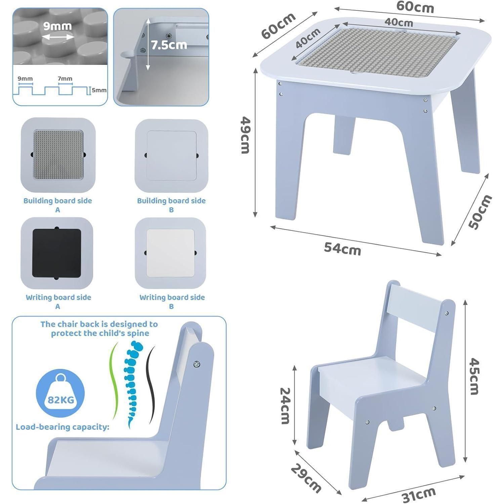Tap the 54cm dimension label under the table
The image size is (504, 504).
pos(342,249)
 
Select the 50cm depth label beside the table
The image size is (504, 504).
pos(480,212)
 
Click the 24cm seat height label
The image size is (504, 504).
pos(285,406)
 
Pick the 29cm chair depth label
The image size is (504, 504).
pos(306,478)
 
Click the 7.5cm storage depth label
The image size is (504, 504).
pos(169,45)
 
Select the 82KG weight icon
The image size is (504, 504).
pos(60,393)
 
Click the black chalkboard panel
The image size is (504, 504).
pos(57,253)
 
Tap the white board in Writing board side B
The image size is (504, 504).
pos(170,253)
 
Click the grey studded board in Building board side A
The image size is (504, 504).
pos(58,155)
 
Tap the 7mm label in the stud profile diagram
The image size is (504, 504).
pos(65,79)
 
